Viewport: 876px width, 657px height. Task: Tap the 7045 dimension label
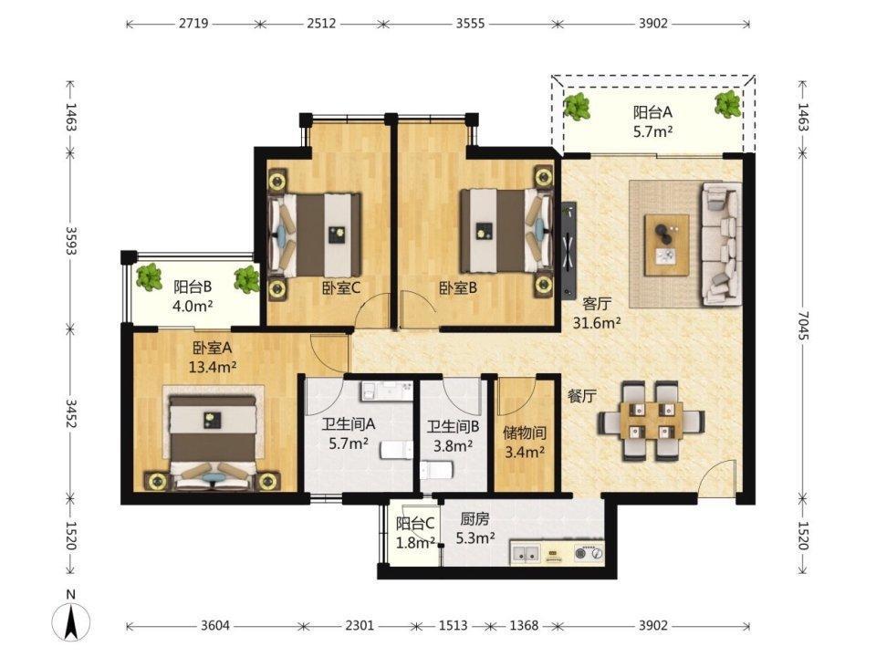coord(803,326)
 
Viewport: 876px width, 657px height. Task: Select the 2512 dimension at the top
coord(321,24)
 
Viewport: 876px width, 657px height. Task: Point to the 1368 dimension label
coord(524,625)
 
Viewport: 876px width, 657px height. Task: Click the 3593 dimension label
coord(71,240)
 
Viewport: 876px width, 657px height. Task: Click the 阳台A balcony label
coord(652,112)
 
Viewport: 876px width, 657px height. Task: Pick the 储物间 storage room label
coord(524,433)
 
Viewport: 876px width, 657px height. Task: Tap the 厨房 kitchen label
coord(474,519)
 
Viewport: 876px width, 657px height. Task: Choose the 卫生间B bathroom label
coord(454,427)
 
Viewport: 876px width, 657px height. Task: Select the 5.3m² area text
coord(474,538)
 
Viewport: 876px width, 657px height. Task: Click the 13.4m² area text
coord(213,367)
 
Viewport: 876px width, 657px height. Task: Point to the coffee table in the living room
coord(666,245)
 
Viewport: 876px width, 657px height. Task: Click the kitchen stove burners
coord(589,553)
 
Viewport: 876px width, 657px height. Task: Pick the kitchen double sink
coord(526,554)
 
